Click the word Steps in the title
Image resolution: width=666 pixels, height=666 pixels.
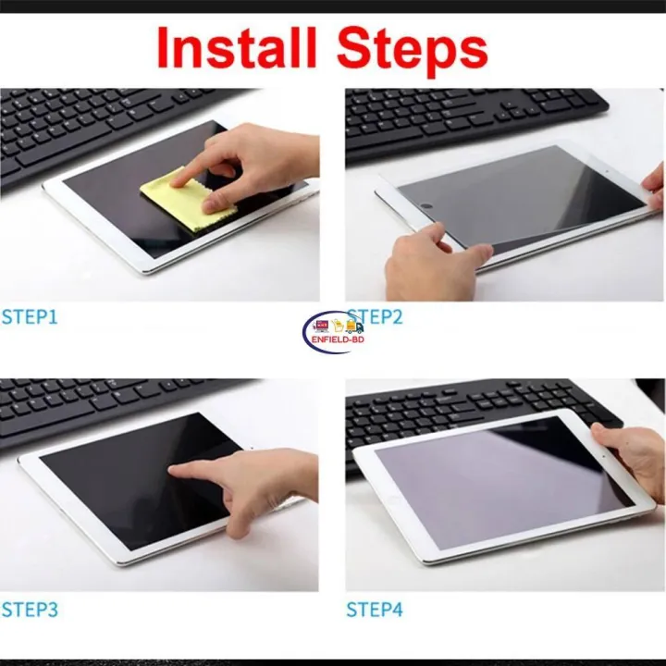415,48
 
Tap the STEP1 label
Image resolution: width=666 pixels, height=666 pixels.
30,317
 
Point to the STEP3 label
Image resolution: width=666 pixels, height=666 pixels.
30,610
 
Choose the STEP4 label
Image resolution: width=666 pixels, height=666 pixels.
375,610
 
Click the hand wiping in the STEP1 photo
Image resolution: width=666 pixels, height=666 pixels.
259,157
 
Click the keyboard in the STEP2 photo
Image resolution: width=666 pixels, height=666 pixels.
462,116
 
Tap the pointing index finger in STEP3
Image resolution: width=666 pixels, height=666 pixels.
190,471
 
